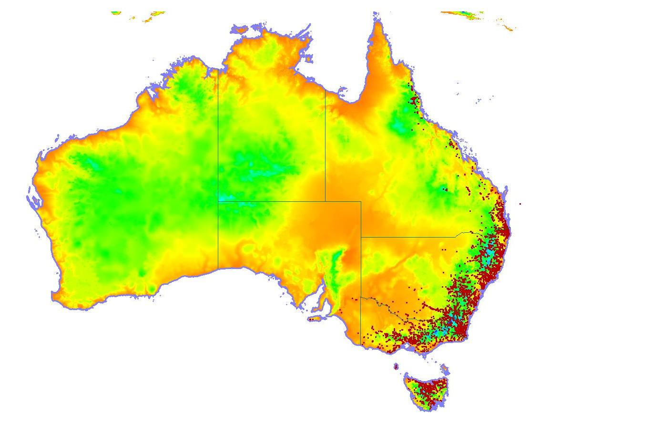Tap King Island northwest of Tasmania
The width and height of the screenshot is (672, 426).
[396, 366]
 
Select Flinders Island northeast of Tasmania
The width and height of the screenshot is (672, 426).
[445, 369]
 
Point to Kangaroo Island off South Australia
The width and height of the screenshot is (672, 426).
[314, 319]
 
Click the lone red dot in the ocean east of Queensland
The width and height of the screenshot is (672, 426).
[520, 204]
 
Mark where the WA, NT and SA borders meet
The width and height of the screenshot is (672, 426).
[218, 201]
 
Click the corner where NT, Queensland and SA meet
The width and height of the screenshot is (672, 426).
[326, 201]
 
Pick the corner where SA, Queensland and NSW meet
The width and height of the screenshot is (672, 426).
[361, 237]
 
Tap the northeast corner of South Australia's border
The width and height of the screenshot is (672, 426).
[361, 201]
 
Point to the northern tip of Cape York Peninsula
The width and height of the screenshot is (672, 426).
[379, 21]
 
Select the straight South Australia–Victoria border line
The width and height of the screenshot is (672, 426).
[361, 320]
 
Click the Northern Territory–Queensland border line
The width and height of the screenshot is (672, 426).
[326, 143]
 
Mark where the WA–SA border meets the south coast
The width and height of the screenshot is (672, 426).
[218, 269]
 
